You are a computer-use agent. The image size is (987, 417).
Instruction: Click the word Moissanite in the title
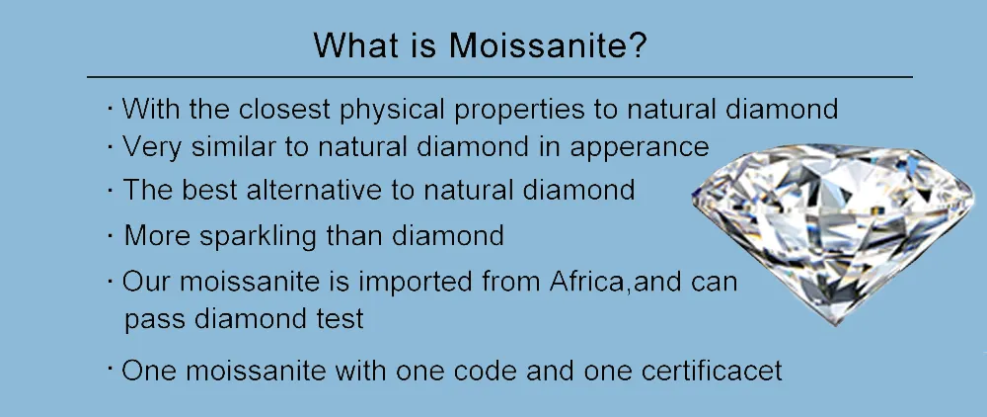[548, 45]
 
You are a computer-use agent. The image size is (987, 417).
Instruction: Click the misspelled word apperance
[640, 148]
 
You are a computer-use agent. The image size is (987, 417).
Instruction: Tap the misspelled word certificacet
[712, 371]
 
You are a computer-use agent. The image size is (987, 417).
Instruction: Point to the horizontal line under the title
[499, 77]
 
